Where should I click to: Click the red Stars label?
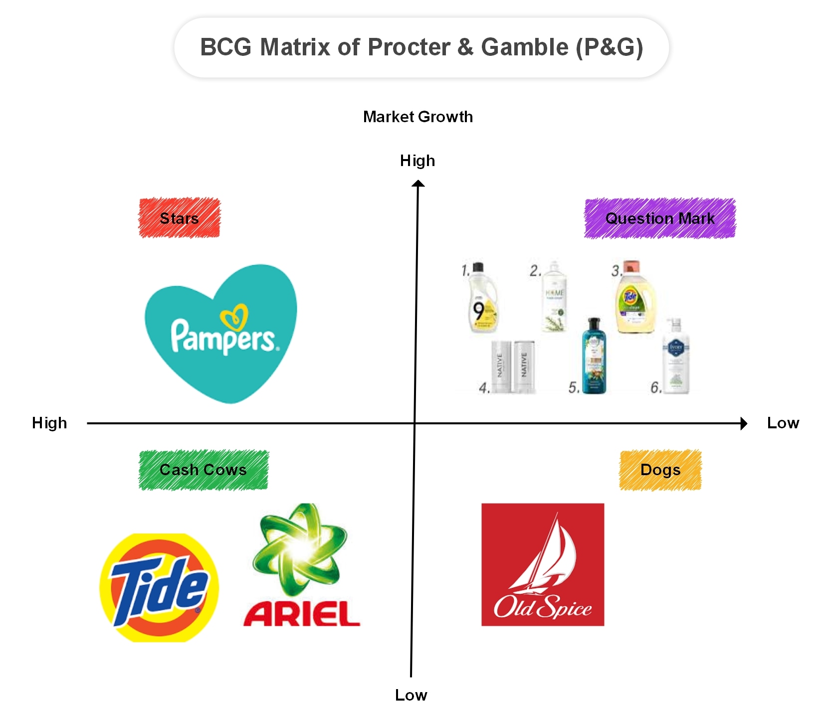point(179,218)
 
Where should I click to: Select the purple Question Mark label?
point(659,218)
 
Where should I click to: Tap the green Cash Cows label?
point(203,470)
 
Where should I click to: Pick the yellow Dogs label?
point(660,470)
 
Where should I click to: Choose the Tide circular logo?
point(159,587)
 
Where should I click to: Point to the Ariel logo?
point(301,566)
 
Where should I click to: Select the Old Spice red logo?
point(543,564)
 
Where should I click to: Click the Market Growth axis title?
point(417,117)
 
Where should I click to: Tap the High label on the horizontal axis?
point(49,423)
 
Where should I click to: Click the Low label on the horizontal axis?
point(783,423)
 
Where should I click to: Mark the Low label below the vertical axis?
point(411,695)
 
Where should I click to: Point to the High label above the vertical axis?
point(417,161)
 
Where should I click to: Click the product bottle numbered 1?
point(481,298)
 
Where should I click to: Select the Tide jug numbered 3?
point(633,298)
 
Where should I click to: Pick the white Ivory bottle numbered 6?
point(675,357)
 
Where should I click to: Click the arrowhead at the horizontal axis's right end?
point(744,423)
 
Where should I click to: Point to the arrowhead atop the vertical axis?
point(418,184)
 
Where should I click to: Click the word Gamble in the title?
point(524,47)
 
